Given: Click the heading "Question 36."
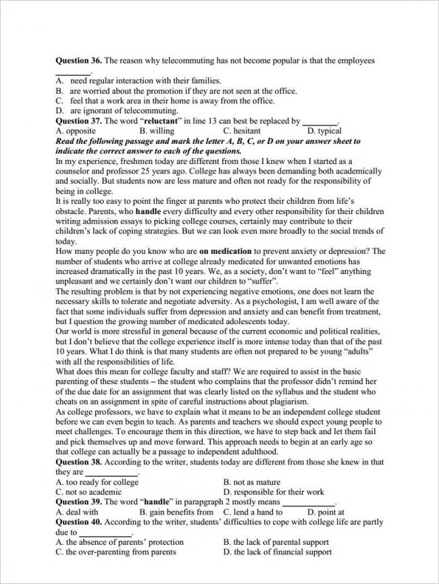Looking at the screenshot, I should [79, 61].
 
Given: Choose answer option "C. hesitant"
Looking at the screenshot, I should [242, 131].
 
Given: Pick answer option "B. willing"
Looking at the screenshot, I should [157, 131].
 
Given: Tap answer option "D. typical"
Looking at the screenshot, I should [324, 131].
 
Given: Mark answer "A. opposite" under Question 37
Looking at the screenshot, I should [76, 131].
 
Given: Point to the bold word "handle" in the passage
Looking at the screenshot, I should [149, 211].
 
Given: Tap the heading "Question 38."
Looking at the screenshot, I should [79, 462].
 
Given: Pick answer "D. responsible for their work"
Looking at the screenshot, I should [274, 492].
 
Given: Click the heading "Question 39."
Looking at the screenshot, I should [79, 502].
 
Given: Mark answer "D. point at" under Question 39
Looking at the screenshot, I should [321, 512].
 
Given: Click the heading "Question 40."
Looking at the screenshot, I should [79, 523].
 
